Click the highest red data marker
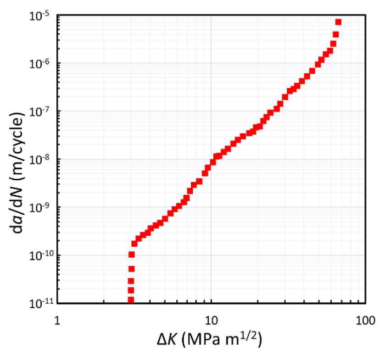click(338, 22)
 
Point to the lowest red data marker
click(131, 300)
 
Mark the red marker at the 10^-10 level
click(131, 255)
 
